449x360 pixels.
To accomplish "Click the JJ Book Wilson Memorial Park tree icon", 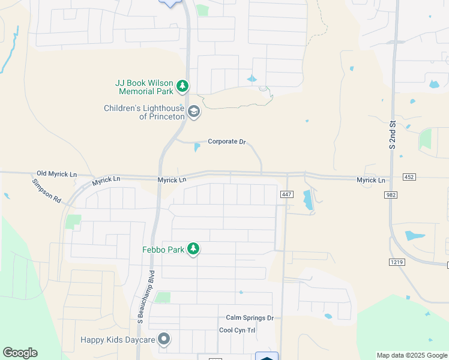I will click(x=182, y=87).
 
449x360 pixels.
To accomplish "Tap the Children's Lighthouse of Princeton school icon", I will click(x=194, y=112).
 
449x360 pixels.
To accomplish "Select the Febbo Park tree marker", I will click(x=193, y=249).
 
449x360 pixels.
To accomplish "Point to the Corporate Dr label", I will click(x=227, y=142).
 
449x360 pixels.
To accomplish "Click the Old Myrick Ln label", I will click(x=57, y=174).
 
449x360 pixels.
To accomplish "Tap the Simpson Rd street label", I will click(x=47, y=190).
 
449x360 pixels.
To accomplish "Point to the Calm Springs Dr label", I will click(x=250, y=318).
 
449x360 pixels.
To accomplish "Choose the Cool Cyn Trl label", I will click(x=237, y=330).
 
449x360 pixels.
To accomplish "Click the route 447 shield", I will click(x=286, y=194).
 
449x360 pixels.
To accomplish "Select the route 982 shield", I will click(x=391, y=195).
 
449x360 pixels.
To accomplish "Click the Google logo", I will click(x=20, y=353).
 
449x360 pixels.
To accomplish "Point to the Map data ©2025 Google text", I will click(x=412, y=355).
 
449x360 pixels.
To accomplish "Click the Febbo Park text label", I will click(x=162, y=249).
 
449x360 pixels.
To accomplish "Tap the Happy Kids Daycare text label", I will click(x=118, y=340).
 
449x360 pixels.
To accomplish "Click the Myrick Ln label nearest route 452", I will click(x=371, y=180).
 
